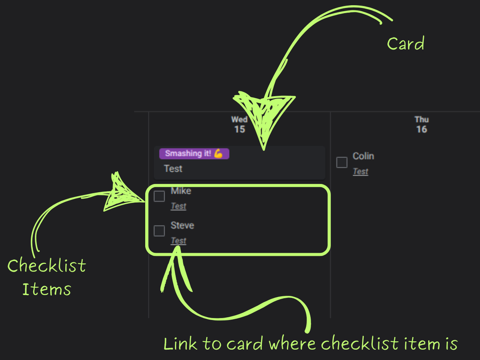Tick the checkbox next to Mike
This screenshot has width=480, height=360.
pos(159,196)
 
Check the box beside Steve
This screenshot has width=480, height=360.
pos(159,231)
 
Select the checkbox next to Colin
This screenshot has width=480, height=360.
pos(341,162)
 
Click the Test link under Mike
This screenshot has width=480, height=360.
pos(178,206)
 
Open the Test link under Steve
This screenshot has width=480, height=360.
pos(178,241)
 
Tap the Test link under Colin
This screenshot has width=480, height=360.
pos(360,172)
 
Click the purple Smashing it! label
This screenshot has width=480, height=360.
pos(189,154)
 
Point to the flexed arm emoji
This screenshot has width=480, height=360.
pos(218,154)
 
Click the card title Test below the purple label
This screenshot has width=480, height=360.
pos(173,169)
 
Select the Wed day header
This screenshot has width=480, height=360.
pos(240,120)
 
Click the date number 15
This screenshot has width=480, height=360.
pos(240,129)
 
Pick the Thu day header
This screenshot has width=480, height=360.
pos(421,120)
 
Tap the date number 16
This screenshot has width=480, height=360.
pos(421,129)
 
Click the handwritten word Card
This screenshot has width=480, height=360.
pos(405,44)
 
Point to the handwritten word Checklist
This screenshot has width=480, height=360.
pos(47,266)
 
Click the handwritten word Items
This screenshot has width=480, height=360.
pos(47,289)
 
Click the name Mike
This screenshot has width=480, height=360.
pos(181,191)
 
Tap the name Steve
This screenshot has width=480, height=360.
pos(182,225)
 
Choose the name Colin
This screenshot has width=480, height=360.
pos(363,156)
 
